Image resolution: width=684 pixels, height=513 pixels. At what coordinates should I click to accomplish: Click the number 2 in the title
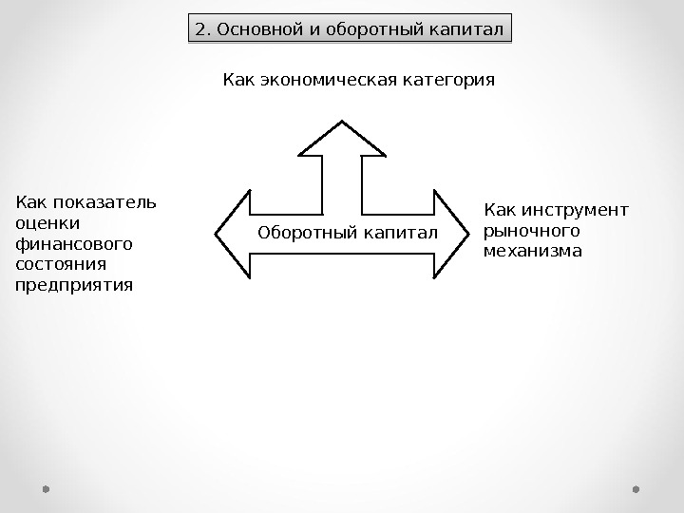[199, 28]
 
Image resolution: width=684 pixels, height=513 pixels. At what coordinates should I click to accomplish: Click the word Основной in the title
[253, 28]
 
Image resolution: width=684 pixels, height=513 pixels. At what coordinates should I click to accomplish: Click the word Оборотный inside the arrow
[299, 233]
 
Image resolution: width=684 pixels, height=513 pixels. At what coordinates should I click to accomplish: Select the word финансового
[62, 243]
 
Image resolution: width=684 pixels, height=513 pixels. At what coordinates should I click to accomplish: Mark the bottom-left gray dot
[46, 489]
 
